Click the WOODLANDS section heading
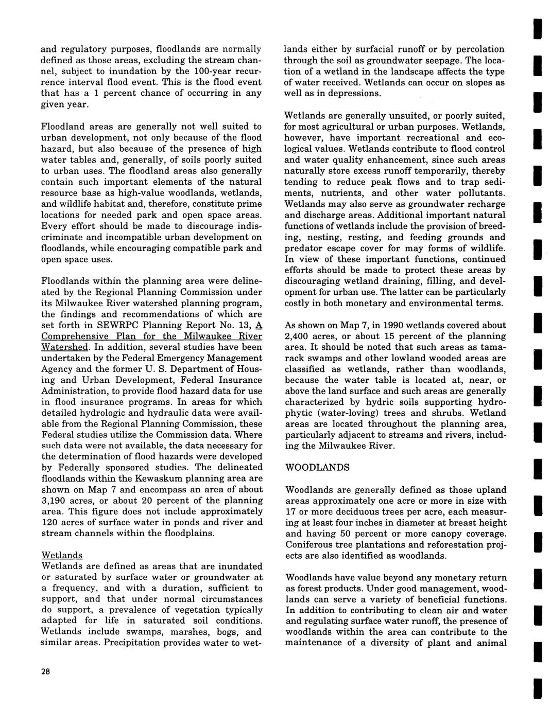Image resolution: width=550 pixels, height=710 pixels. click(x=317, y=467)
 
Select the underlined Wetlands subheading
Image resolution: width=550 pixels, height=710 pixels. click(x=62, y=555)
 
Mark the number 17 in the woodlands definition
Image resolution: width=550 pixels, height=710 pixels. click(x=290, y=511)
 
